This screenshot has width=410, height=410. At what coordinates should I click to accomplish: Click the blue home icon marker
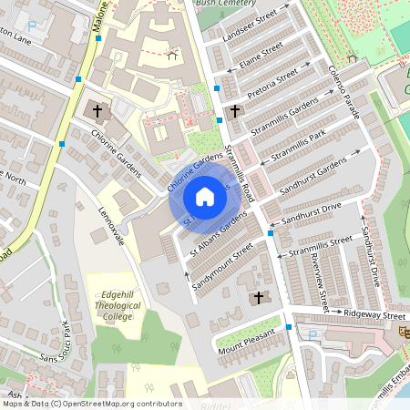pyautogui.click(x=205, y=196)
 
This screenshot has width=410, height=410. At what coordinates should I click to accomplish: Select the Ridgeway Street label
pyautogui.click(x=374, y=314)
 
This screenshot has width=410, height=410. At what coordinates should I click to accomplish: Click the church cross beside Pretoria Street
pyautogui.click(x=235, y=111)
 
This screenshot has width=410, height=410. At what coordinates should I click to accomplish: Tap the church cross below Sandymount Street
pyautogui.click(x=258, y=298)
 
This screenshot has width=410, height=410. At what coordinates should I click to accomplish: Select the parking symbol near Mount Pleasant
pyautogui.click(x=313, y=335)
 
